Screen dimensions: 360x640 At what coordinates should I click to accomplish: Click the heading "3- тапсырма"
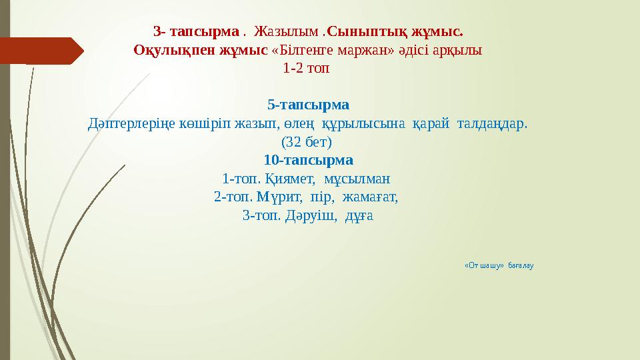tap(195, 31)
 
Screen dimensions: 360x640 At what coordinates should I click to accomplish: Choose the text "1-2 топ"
tap(306, 68)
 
